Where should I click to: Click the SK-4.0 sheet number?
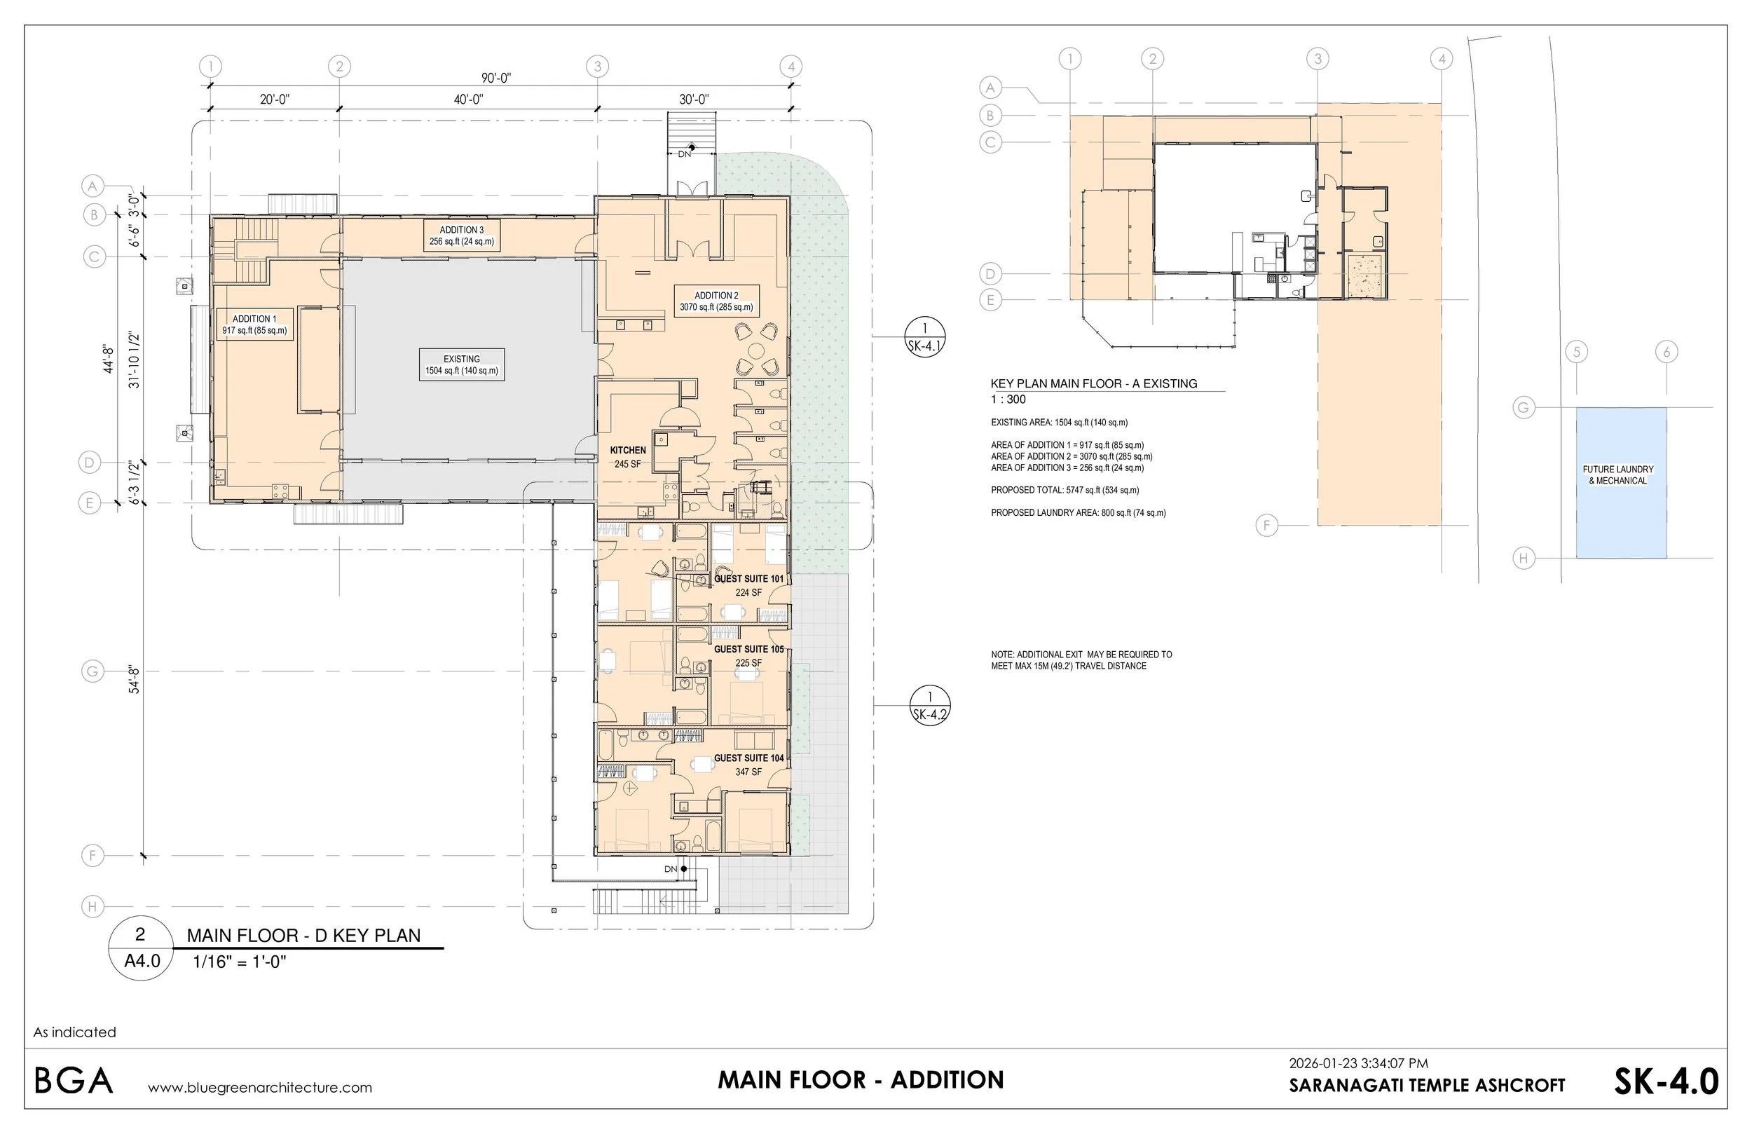[x=1666, y=1081]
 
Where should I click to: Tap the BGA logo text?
[x=74, y=1081]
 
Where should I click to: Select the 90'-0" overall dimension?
[x=496, y=77]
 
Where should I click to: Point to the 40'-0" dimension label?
[x=468, y=100]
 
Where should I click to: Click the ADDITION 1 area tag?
[x=254, y=325]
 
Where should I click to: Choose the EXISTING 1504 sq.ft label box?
[x=462, y=364]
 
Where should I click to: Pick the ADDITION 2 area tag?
[x=716, y=301]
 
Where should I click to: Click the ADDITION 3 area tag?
[x=462, y=235]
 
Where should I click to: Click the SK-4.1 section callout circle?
[x=924, y=336]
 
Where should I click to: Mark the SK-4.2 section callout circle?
[x=930, y=704]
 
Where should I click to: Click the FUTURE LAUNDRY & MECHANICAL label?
[x=1618, y=475]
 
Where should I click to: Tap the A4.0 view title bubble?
[x=141, y=949]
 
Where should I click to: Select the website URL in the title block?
[x=260, y=1088]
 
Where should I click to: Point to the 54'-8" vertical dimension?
[x=135, y=680]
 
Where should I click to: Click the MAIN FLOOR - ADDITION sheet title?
[x=861, y=1079]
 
